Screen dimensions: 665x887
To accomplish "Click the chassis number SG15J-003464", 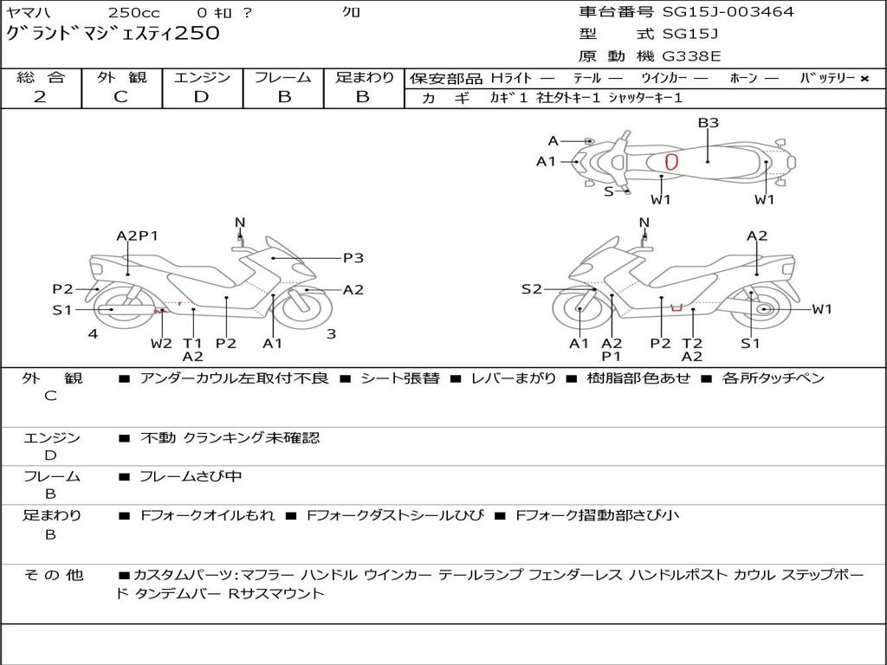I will [728, 12].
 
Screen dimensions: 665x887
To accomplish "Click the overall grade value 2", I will [40, 97].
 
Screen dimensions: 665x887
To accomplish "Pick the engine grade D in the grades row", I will [201, 97].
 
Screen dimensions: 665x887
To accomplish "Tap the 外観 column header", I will [121, 77].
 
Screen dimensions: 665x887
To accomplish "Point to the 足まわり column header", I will [364, 77].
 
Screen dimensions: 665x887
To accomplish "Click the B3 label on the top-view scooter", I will [709, 123].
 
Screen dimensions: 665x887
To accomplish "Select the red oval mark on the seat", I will [671, 161].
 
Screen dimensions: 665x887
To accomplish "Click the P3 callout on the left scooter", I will [353, 257].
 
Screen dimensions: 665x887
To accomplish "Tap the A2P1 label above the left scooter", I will [138, 236].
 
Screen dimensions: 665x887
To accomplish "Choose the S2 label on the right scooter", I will [531, 289].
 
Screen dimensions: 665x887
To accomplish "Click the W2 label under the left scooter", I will [161, 343].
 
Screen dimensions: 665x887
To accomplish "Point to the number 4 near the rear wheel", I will [93, 334].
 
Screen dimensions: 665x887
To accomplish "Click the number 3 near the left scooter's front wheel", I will [331, 334].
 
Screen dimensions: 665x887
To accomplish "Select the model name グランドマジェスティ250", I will [113, 34].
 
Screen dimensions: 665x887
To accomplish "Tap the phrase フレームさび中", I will [191, 476].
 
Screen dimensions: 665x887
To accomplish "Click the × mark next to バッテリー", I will [864, 79].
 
